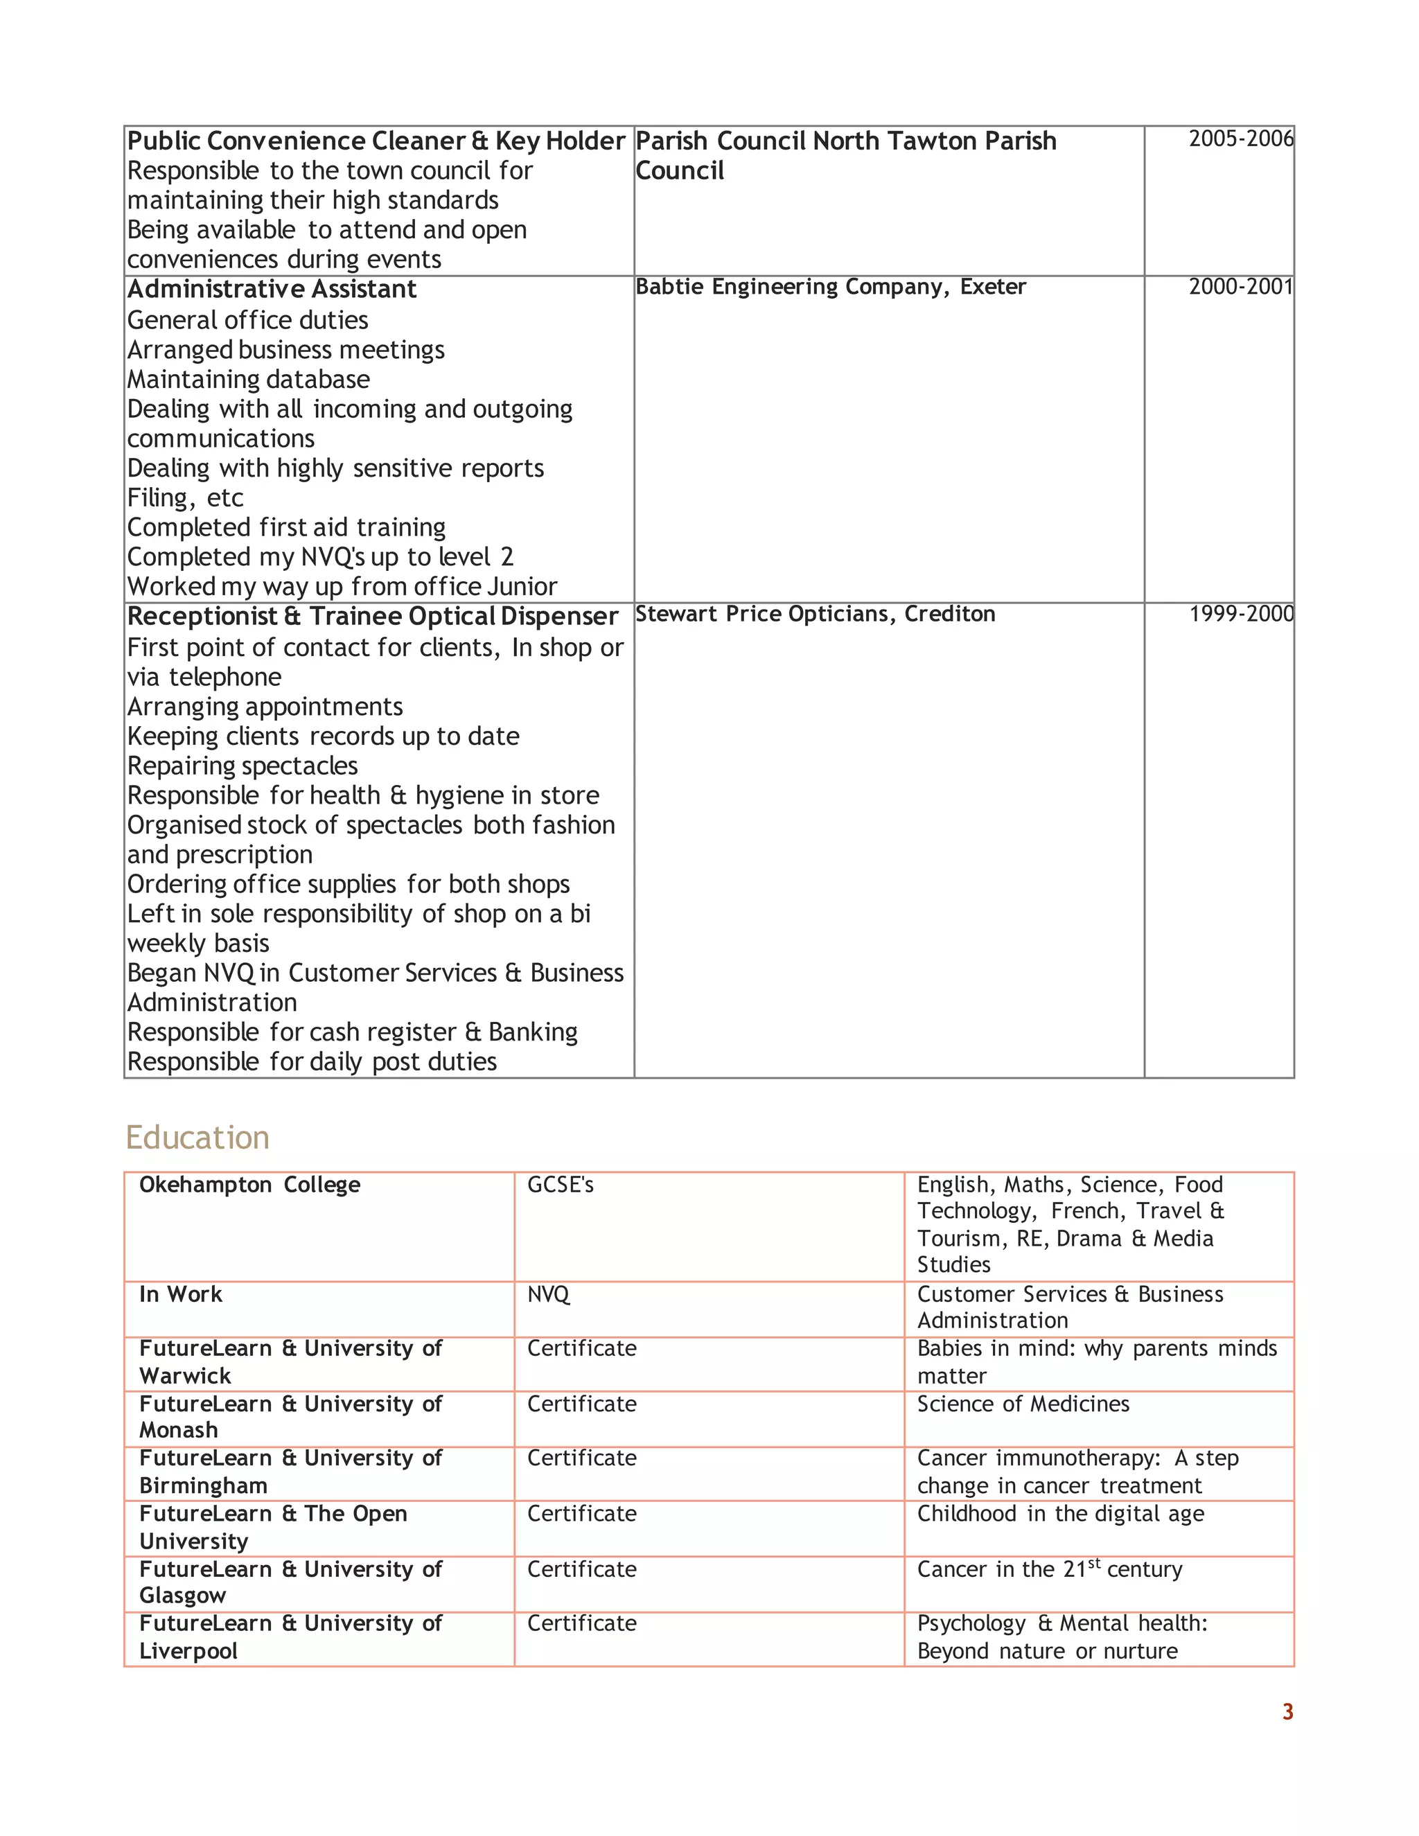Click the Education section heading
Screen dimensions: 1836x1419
click(x=197, y=1138)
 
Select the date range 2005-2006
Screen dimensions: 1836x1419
click(x=1240, y=139)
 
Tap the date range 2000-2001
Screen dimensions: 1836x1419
click(x=1240, y=287)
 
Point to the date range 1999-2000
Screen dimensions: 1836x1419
click(x=1241, y=614)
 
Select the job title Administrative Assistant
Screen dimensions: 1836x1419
click(x=272, y=289)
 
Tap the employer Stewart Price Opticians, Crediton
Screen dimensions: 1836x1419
click(x=815, y=614)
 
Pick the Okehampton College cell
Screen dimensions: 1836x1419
click(x=249, y=1185)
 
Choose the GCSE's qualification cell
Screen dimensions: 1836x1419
click(x=560, y=1185)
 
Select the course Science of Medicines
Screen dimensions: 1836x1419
click(x=1023, y=1404)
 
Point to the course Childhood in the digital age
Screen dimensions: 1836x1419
click(x=1060, y=1513)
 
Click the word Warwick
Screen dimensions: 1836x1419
click(x=185, y=1376)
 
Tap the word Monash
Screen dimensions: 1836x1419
click(x=178, y=1430)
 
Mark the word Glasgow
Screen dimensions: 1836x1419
click(x=182, y=1595)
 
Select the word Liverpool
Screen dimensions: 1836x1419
click(x=188, y=1650)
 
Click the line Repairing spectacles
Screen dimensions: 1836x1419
click(x=242, y=766)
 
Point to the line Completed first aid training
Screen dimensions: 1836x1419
click(x=286, y=527)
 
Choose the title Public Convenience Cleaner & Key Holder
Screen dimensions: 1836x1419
click(x=376, y=141)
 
